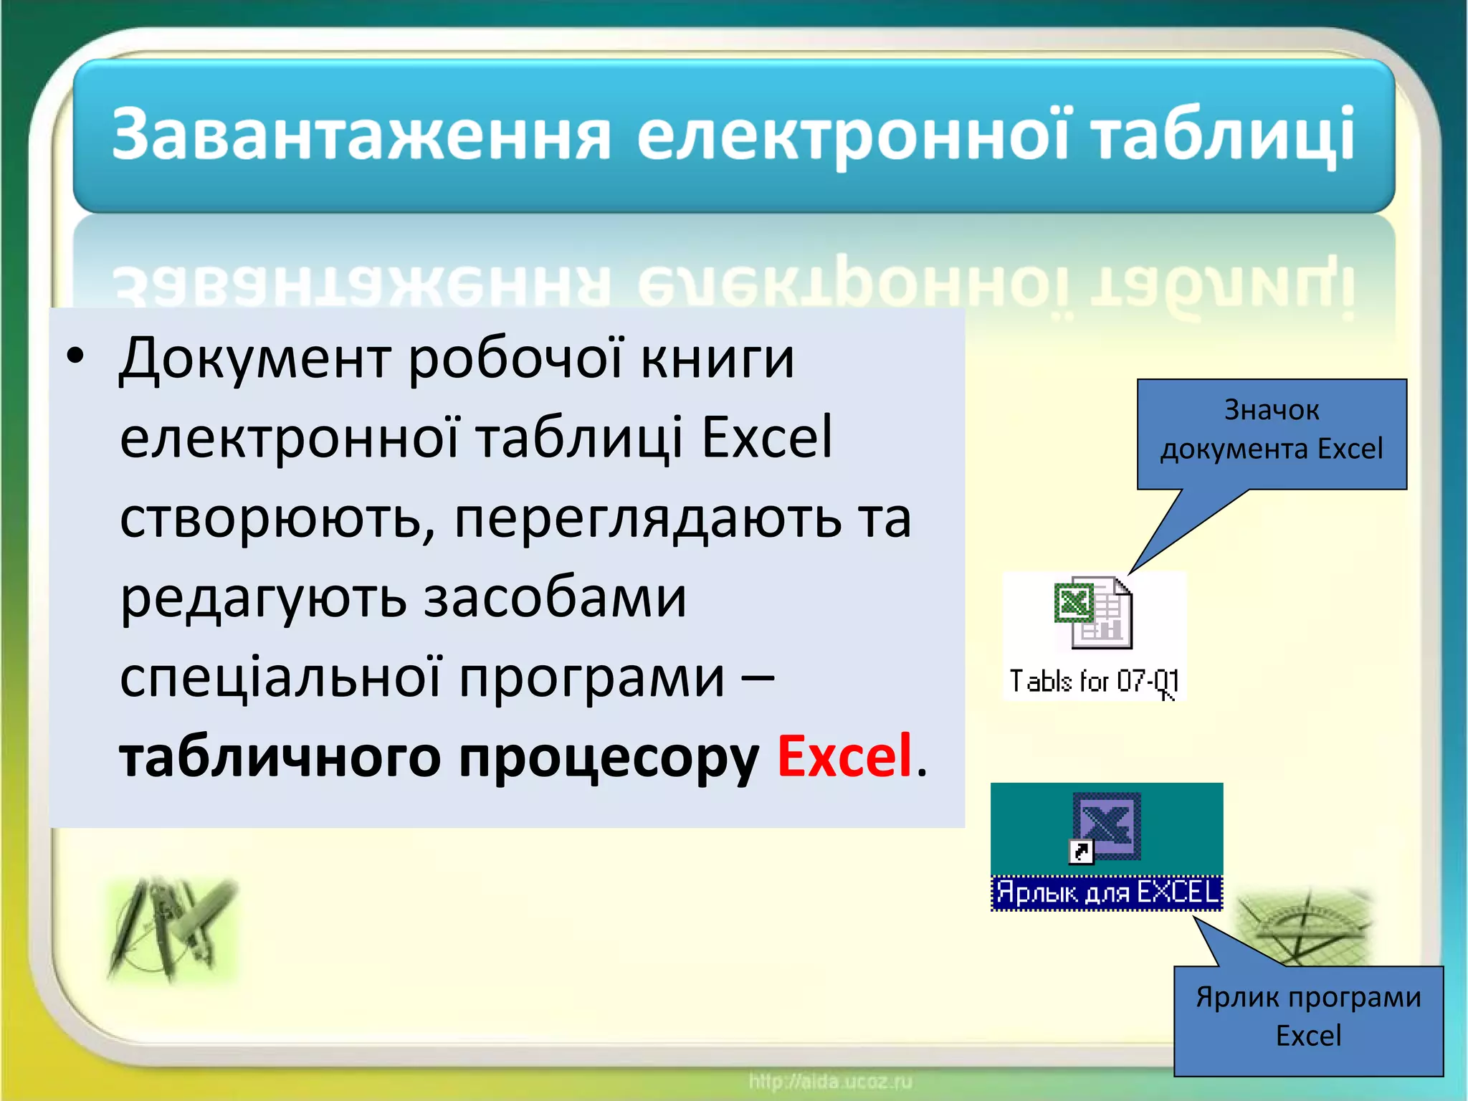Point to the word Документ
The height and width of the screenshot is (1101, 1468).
click(x=255, y=358)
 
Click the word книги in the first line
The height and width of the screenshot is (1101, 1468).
click(x=718, y=358)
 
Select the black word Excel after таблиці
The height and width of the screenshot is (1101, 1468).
click(x=766, y=437)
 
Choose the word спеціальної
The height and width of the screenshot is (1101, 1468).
click(x=280, y=677)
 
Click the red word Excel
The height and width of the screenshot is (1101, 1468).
click(x=844, y=756)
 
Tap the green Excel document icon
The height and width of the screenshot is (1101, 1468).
click(x=1092, y=612)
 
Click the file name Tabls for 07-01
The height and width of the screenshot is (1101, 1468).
click(x=1093, y=681)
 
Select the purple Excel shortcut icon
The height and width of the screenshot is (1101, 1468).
click(x=1106, y=827)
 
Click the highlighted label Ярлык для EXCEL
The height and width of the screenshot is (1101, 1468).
click(x=1107, y=892)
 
